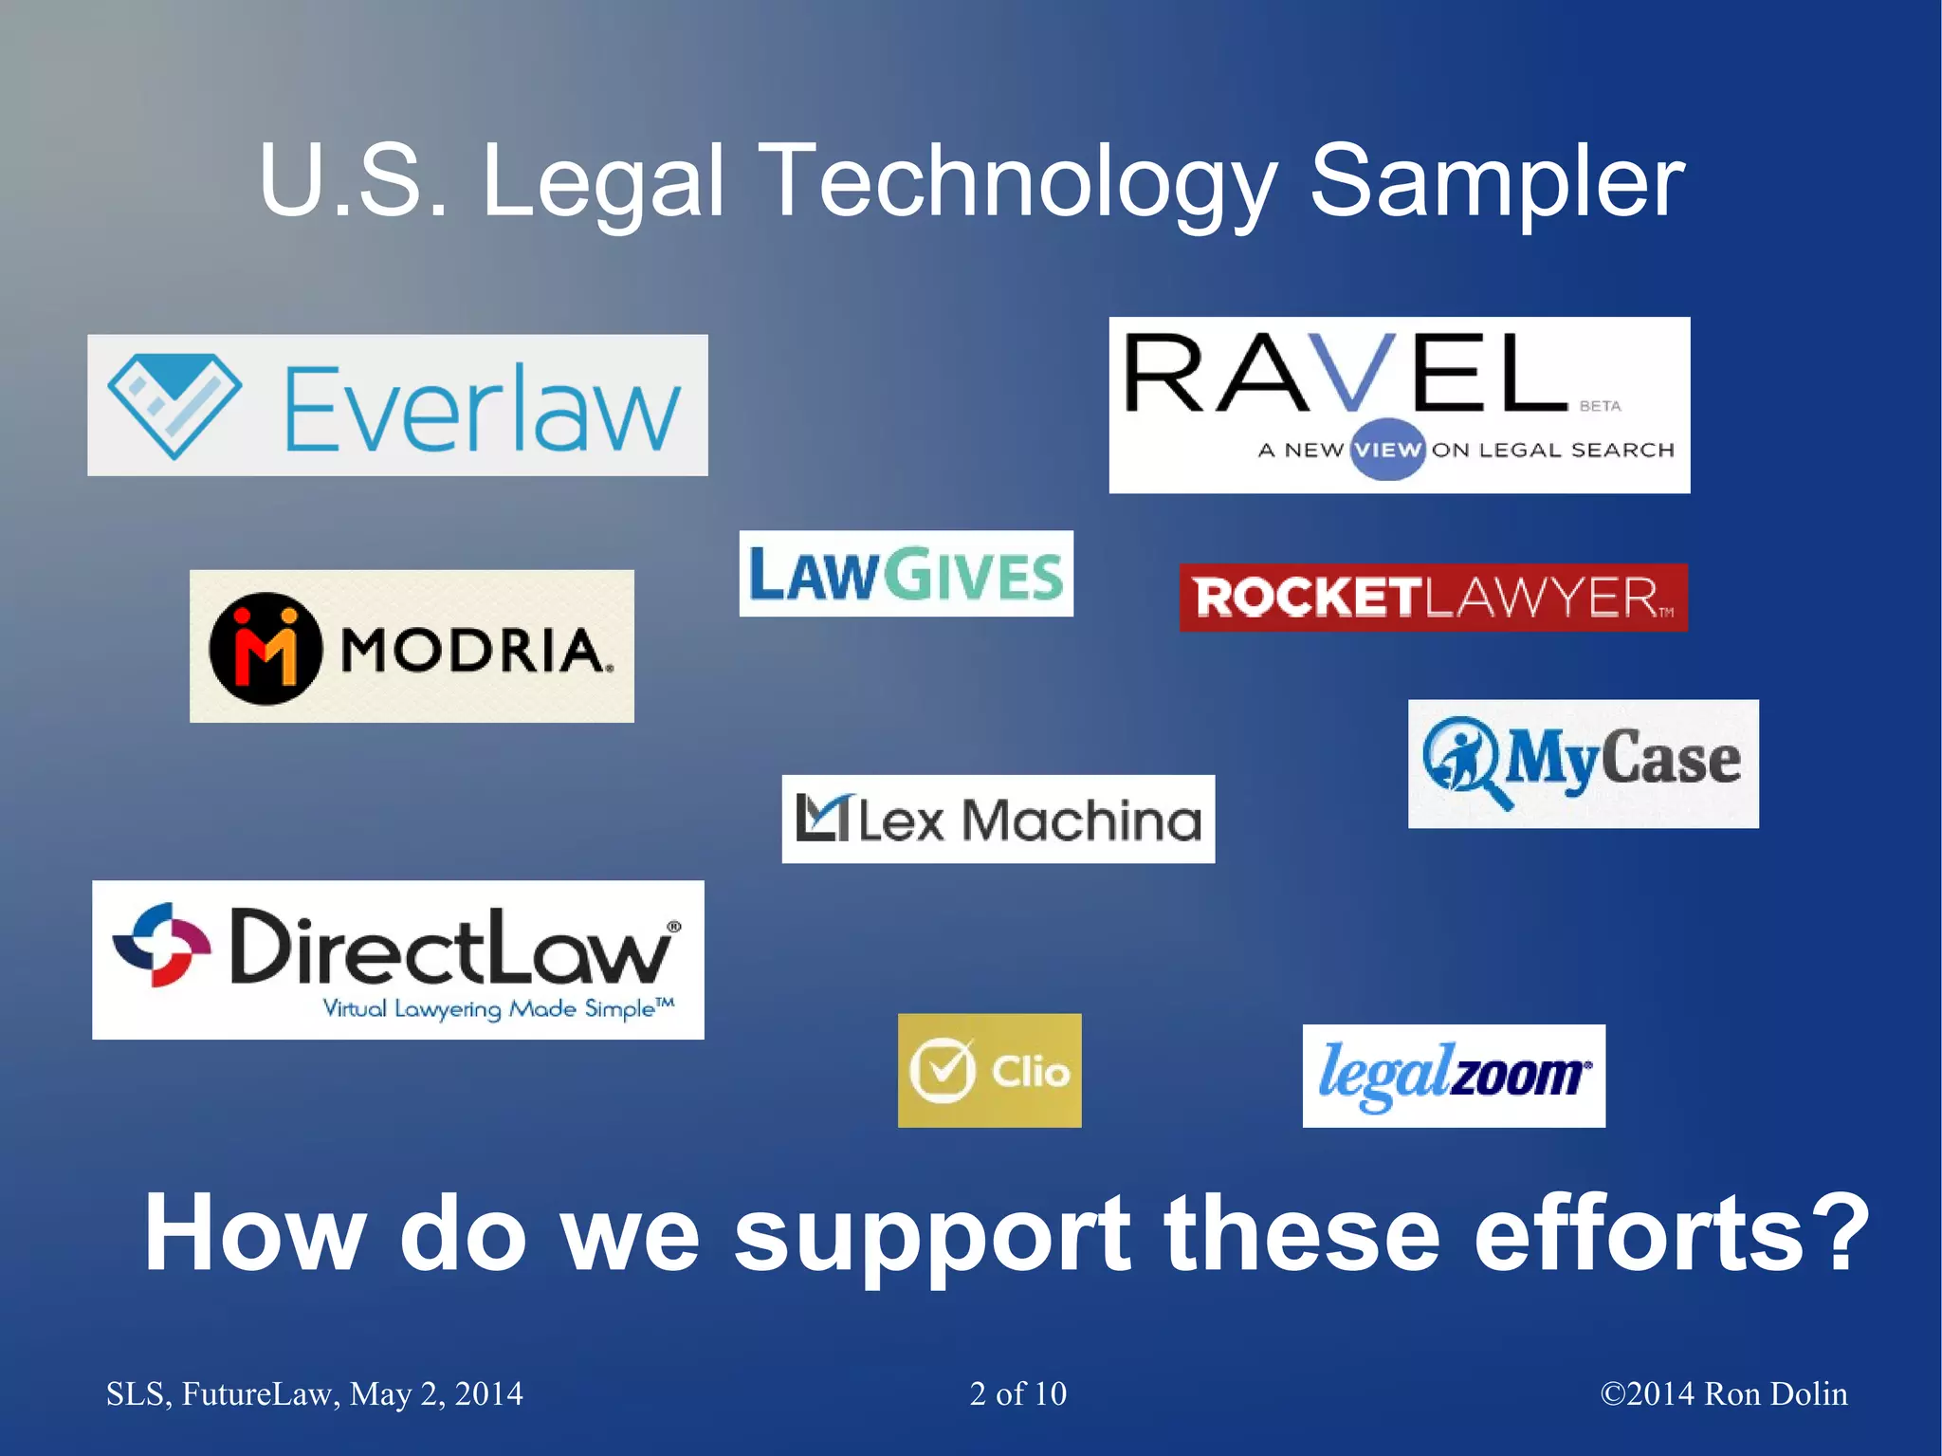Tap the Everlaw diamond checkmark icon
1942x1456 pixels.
click(174, 405)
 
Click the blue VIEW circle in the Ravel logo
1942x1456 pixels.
click(1387, 449)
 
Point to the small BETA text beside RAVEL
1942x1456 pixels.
click(1601, 406)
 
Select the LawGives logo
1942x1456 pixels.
click(906, 574)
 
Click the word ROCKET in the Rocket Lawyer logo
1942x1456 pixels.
click(1307, 598)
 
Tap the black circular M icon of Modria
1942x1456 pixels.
click(265, 648)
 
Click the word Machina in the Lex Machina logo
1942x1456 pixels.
click(1082, 820)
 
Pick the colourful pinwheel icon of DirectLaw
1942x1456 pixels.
click(160, 945)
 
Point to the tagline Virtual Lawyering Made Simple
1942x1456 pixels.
click(498, 1008)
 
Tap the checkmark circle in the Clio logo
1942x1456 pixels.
click(943, 1071)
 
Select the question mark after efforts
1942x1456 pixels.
click(1842, 1233)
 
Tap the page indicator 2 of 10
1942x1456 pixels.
click(1017, 1393)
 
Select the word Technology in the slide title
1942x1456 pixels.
click(1019, 181)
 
